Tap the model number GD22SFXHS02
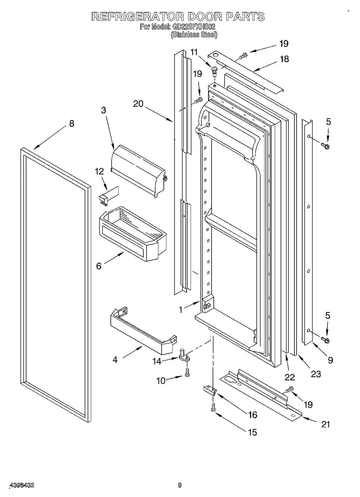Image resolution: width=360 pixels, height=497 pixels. (x=193, y=27)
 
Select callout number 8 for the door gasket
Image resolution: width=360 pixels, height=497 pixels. (x=72, y=123)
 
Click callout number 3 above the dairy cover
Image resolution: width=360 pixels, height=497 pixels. (x=103, y=110)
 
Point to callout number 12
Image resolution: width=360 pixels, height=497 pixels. (x=99, y=171)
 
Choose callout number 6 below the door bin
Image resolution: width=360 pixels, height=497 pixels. (x=98, y=266)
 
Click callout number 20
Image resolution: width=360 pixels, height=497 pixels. (x=138, y=104)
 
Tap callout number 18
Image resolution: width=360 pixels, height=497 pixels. (x=284, y=59)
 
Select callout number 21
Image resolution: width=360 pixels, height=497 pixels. (x=325, y=424)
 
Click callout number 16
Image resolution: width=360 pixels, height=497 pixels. (x=252, y=415)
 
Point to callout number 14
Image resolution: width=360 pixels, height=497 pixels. (x=157, y=361)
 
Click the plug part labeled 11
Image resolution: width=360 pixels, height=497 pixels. (x=215, y=71)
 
